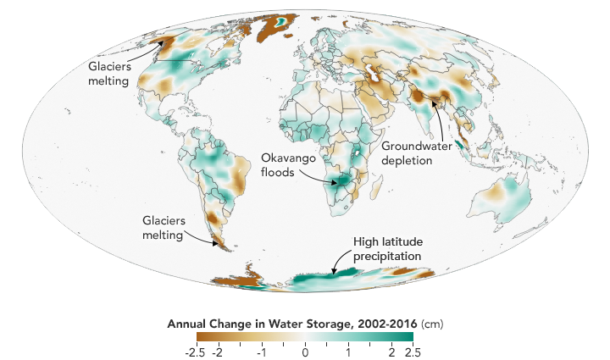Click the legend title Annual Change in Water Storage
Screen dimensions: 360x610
coord(286,324)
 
